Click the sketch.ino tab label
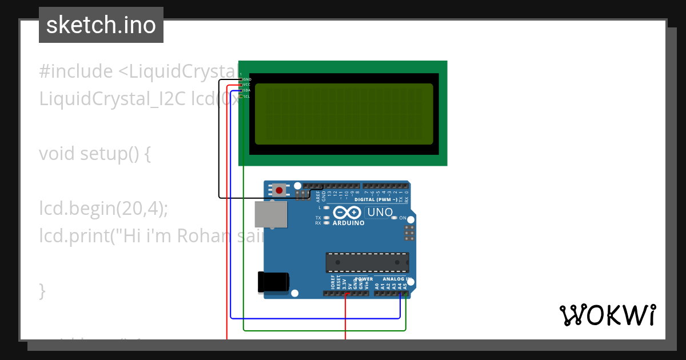click(x=101, y=25)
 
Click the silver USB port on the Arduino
click(x=271, y=214)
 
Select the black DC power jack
click(x=273, y=282)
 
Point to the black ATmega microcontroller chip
click(x=367, y=262)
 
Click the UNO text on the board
click(x=380, y=213)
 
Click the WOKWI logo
click(x=607, y=315)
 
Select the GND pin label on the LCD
click(x=247, y=79)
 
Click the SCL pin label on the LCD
click(x=246, y=97)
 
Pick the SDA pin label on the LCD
click(x=247, y=90)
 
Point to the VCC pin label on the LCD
click(x=247, y=85)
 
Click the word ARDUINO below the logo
click(x=348, y=223)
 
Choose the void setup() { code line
click(x=95, y=154)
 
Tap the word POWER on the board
click(x=364, y=279)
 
